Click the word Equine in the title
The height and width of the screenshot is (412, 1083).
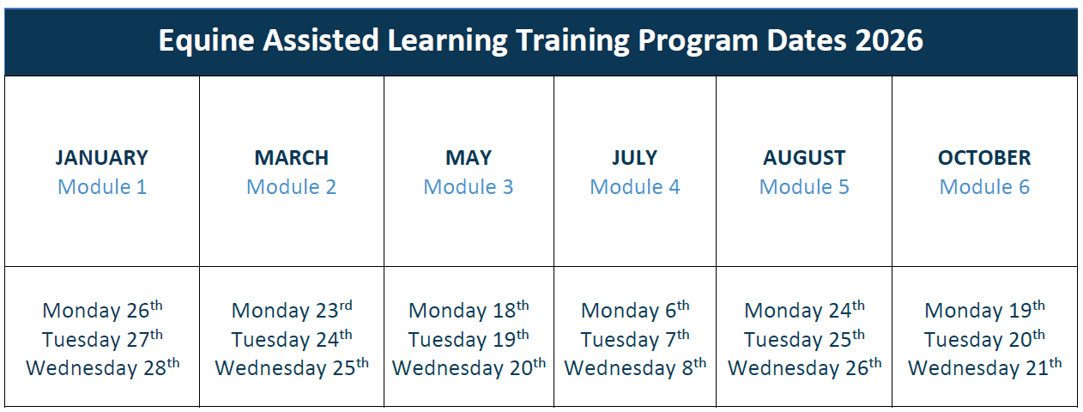[x=207, y=41]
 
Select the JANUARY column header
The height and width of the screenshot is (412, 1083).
[x=101, y=158]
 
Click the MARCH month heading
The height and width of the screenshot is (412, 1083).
[x=292, y=158]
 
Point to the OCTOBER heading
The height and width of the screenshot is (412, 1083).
[x=984, y=158]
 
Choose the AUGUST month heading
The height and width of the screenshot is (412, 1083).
[x=804, y=158]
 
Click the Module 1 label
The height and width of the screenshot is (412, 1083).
[x=102, y=187]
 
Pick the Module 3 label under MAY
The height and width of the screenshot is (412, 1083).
[x=468, y=187]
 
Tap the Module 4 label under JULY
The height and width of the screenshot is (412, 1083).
[x=635, y=187]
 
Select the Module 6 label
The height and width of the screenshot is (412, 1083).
[x=984, y=187]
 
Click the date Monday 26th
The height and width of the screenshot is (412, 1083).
[x=102, y=310]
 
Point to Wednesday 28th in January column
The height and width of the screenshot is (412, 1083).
[x=102, y=367]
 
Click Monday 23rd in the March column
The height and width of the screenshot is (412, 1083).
[x=292, y=310]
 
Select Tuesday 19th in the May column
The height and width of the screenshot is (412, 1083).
[x=468, y=338]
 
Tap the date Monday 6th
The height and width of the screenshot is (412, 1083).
[x=635, y=310]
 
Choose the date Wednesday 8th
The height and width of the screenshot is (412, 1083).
[x=635, y=367]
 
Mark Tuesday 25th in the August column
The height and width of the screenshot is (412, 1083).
[x=804, y=338]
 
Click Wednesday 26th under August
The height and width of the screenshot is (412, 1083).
[x=804, y=367]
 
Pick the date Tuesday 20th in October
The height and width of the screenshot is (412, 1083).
[x=984, y=338]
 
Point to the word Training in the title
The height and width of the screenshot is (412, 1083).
[x=572, y=41]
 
